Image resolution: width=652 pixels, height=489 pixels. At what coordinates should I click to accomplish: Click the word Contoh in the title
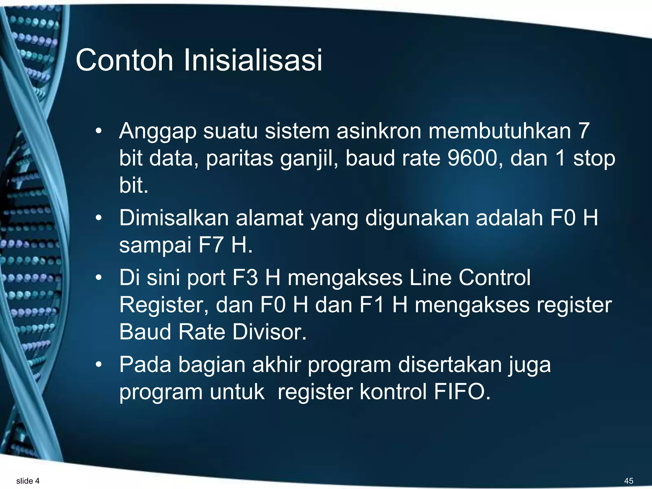[124, 60]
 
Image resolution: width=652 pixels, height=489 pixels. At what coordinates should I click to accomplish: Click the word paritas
[239, 158]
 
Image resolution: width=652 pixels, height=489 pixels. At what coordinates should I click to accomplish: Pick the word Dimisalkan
[174, 218]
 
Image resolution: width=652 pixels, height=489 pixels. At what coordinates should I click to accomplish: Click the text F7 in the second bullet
[210, 245]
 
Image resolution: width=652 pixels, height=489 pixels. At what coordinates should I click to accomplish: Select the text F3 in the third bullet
[245, 277]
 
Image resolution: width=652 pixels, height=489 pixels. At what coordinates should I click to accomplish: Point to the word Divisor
[269, 332]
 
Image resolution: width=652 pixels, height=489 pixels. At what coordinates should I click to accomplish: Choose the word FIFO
[462, 392]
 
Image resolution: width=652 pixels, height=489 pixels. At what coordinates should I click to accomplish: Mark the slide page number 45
[628, 481]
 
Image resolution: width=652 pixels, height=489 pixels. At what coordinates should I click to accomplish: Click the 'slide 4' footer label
[28, 481]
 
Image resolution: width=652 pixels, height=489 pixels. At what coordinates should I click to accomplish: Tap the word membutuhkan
[500, 131]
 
